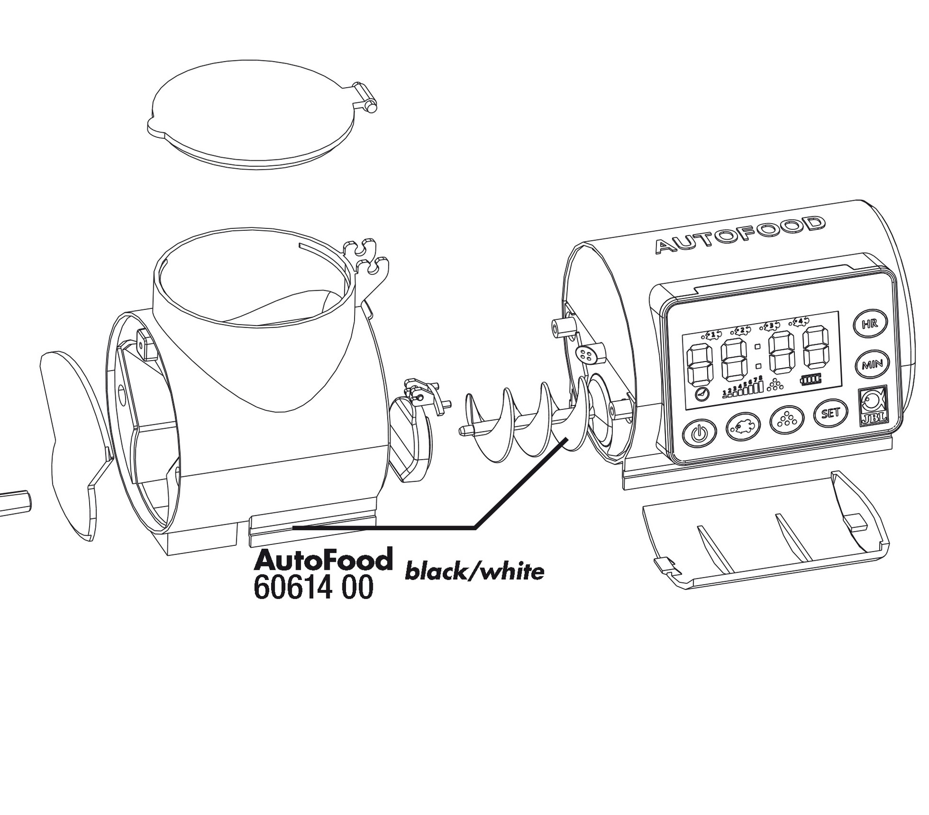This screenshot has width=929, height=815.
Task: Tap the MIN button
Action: click(872, 365)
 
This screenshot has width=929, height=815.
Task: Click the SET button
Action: click(830, 413)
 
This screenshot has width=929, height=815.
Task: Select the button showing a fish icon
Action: click(743, 425)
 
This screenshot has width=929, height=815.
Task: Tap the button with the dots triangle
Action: click(786, 419)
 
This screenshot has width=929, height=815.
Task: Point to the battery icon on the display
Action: click(811, 379)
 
